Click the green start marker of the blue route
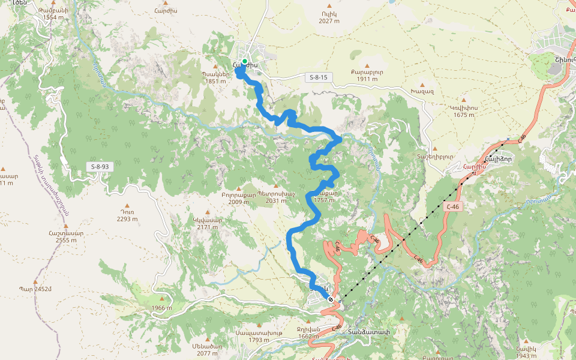pos(245,61)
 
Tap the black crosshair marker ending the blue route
pos(331,299)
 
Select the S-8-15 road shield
pos(319,77)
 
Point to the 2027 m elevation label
pos(329,21)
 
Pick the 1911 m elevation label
pos(367,79)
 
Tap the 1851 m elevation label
pos(215,82)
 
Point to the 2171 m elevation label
pos(208,227)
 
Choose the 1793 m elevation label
pos(259,340)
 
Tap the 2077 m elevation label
pos(207,353)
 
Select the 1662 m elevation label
pos(308,336)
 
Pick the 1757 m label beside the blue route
pos(323,200)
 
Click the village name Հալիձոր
pos(497,158)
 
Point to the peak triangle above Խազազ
pos(422,85)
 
